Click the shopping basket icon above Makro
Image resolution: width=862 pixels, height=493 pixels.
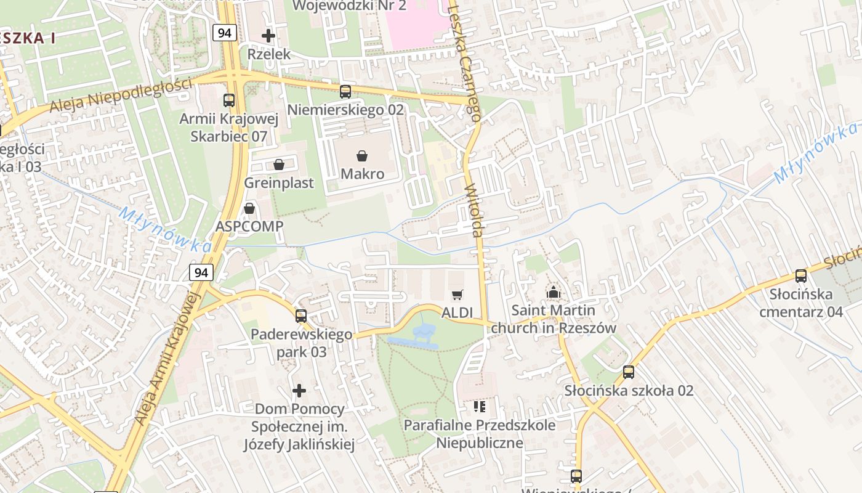coord(362,156)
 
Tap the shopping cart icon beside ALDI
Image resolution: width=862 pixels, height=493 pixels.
coord(457,295)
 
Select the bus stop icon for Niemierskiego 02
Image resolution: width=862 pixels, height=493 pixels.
coord(345,92)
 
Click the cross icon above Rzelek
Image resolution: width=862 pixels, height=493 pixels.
coord(268,36)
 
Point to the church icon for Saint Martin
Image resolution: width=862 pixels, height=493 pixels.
coord(553,292)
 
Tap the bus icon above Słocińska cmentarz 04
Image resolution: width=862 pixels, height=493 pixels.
coord(800,276)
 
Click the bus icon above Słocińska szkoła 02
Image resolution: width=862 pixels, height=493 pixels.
coord(628,372)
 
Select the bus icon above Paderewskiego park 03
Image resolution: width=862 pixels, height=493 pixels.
coord(301,316)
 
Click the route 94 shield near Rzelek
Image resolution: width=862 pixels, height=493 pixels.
coord(225,33)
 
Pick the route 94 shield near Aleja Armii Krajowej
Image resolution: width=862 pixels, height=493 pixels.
coord(201,272)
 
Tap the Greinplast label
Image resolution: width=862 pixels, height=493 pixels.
coord(279,183)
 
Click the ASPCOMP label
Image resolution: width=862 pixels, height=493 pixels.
coord(249,226)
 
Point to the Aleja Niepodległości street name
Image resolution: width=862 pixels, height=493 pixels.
coord(120,96)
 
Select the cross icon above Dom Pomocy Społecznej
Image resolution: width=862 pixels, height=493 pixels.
coord(299,391)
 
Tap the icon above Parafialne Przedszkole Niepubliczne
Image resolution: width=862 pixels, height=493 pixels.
coord(480,406)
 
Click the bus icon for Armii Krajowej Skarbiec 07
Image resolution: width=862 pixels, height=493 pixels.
coord(229,100)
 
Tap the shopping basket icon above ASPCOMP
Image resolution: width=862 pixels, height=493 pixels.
coord(249,208)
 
